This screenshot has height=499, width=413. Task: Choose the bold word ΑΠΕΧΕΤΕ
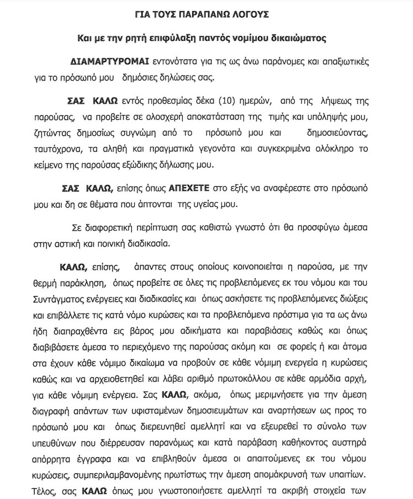[184, 189]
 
